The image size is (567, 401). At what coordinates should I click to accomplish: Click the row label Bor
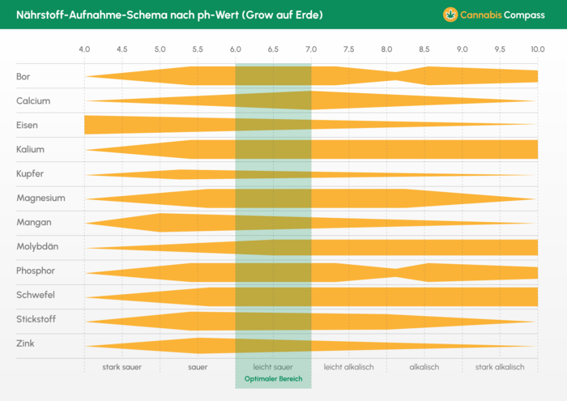23,77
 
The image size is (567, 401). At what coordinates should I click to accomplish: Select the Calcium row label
33,101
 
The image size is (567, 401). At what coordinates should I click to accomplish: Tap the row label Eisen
27,126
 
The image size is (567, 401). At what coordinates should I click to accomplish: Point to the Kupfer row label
30,174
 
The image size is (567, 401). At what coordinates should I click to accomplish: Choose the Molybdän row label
37,247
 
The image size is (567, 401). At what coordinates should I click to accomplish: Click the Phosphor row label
36,271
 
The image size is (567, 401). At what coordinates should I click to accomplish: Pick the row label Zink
25,343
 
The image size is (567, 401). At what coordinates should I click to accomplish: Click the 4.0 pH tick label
84,49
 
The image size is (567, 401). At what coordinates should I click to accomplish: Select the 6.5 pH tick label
273,49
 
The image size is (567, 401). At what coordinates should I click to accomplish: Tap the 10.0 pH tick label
538,49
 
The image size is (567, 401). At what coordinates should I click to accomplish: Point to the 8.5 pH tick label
424,49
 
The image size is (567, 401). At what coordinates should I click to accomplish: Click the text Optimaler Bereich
273,379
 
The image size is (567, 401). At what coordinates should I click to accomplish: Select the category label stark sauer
122,367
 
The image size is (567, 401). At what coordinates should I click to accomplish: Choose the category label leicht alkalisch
348,367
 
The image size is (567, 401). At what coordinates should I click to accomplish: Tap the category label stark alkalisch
500,367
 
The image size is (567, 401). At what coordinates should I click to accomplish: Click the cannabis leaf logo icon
450,15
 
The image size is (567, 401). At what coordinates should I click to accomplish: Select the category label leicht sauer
273,367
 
